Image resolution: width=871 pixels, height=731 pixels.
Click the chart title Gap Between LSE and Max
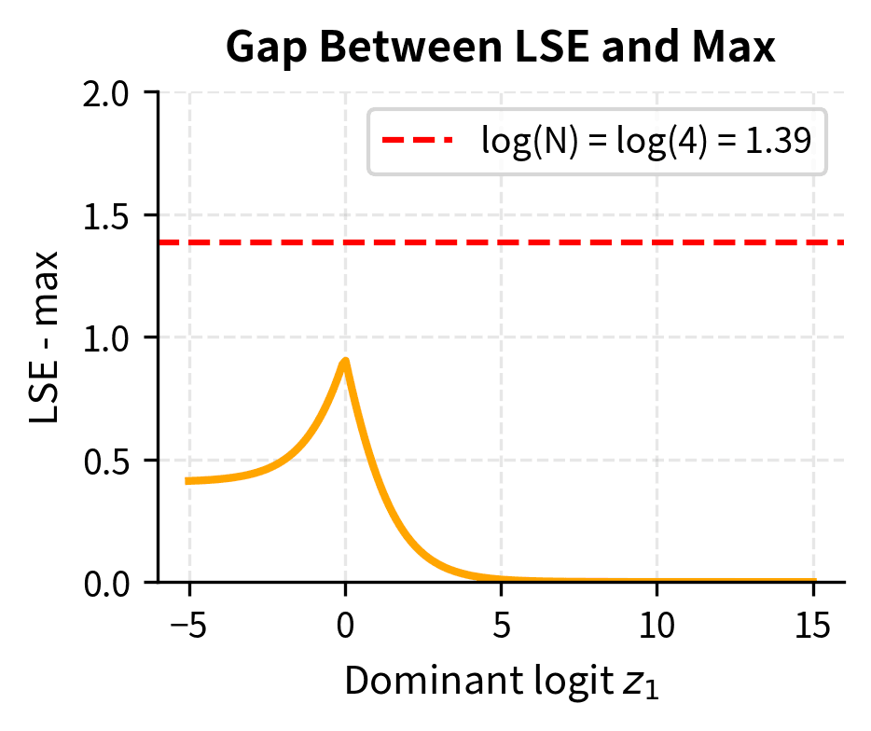pos(501,48)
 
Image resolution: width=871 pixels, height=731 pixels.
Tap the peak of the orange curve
pos(345,361)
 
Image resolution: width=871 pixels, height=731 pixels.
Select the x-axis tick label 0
pos(345,625)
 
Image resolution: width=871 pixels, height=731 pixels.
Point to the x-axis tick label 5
pos(502,625)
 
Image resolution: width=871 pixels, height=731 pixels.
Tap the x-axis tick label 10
pos(657,625)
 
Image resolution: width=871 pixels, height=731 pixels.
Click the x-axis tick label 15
pos(814,625)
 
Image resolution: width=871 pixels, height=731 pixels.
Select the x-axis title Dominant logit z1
pos(501,683)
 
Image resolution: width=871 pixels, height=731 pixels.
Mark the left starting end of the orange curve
pos(187,481)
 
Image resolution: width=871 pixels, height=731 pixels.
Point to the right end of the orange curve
pos(815,581)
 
